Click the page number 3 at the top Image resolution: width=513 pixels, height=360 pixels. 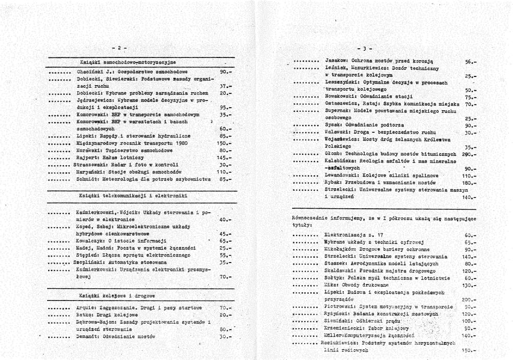(363, 49)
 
